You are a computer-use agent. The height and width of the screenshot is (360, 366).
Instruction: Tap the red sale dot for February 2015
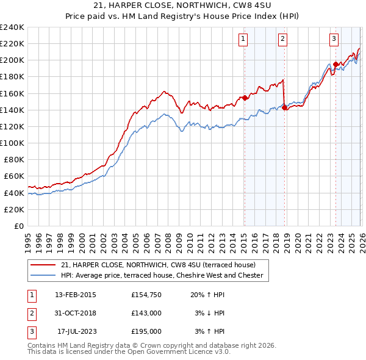pyautogui.click(x=245, y=98)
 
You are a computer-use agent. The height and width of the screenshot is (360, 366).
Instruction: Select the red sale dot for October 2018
pyautogui.click(x=285, y=107)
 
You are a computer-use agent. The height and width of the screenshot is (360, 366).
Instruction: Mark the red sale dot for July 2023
pyautogui.click(x=335, y=64)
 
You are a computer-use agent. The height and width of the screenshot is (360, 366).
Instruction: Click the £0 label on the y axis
pyautogui.click(x=18, y=226)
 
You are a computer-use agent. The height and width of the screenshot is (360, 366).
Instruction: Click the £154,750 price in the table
pyautogui.click(x=146, y=294)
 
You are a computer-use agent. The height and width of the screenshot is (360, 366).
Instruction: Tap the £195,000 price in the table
pyautogui.click(x=146, y=332)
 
